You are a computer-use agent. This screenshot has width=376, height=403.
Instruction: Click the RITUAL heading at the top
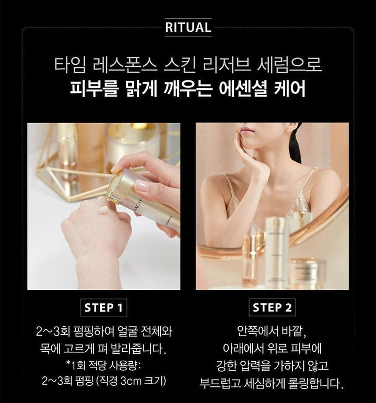coord(188,28)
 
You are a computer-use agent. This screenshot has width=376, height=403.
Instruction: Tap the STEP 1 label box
coord(103,307)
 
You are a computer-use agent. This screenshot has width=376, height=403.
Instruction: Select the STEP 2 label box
coord(272,307)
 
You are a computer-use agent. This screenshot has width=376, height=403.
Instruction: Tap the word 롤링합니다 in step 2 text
coord(316,383)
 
